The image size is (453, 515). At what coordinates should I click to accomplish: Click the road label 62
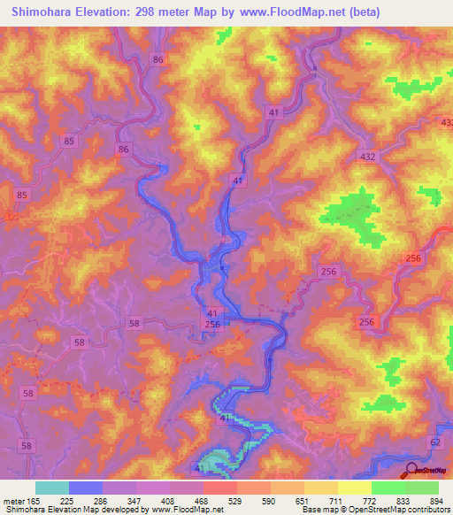coord(434,440)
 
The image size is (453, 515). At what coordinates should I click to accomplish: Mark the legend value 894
coord(436,500)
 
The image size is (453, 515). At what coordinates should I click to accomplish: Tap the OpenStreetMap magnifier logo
coord(411,471)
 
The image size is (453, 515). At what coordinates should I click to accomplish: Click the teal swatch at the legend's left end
coord(52,488)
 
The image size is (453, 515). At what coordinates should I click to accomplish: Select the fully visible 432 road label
coord(367,156)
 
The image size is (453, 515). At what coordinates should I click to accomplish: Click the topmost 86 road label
coord(158,59)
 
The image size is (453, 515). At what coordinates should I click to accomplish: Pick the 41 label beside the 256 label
coord(212,313)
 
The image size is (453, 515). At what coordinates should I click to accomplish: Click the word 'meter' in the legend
coord(13,500)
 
